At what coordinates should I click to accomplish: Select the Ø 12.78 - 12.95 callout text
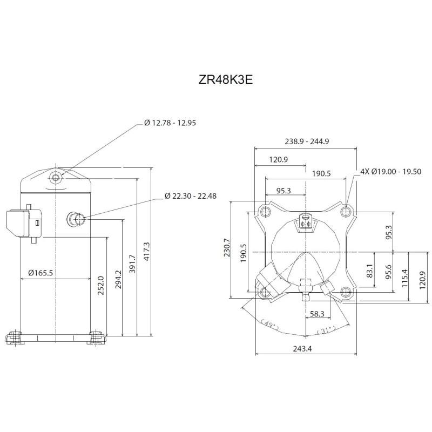pyautogui.click(x=170, y=123)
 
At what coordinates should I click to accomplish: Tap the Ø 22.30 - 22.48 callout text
pyautogui.click(x=191, y=196)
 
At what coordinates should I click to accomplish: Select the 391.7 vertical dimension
pyautogui.click(x=132, y=264)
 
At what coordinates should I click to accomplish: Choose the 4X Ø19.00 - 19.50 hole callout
pyautogui.click(x=391, y=171)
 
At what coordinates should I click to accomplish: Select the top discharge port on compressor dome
pyautogui.click(x=57, y=177)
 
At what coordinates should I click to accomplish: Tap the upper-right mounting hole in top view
pyautogui.click(x=346, y=211)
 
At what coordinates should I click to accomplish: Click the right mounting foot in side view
pyautogui.click(x=97, y=337)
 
